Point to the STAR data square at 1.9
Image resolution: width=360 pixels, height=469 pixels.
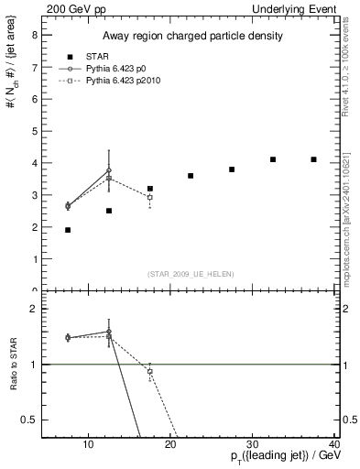[x=68, y=230]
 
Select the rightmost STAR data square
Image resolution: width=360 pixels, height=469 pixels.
[x=313, y=159]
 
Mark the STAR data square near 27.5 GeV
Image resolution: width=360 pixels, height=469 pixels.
[x=232, y=169]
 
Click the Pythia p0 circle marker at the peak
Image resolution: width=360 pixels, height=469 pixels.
[x=109, y=170]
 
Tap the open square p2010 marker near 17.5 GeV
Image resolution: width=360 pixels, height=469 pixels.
[x=149, y=198]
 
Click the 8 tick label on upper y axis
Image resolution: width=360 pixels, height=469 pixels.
[x=34, y=35]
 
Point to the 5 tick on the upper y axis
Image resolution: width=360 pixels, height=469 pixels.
[x=34, y=131]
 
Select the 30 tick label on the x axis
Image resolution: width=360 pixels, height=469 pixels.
[x=253, y=446]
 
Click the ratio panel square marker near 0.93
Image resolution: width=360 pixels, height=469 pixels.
[x=149, y=371]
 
